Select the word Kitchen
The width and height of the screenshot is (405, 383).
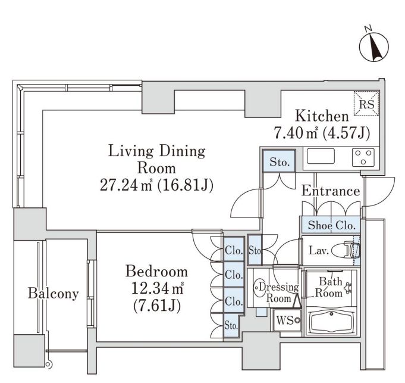(322, 117)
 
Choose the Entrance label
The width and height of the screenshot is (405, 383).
(330, 191)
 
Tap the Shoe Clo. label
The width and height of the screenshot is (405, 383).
(331, 226)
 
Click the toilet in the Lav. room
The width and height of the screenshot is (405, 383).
(345, 251)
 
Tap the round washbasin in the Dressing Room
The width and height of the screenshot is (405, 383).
(260, 288)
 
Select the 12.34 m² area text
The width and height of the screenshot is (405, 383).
(156, 289)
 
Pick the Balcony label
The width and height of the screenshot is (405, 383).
(54, 293)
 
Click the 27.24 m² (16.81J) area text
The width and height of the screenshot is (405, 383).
(156, 185)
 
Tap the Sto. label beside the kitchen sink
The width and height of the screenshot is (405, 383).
(279, 162)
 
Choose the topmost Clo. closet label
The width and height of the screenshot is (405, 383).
(234, 251)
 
